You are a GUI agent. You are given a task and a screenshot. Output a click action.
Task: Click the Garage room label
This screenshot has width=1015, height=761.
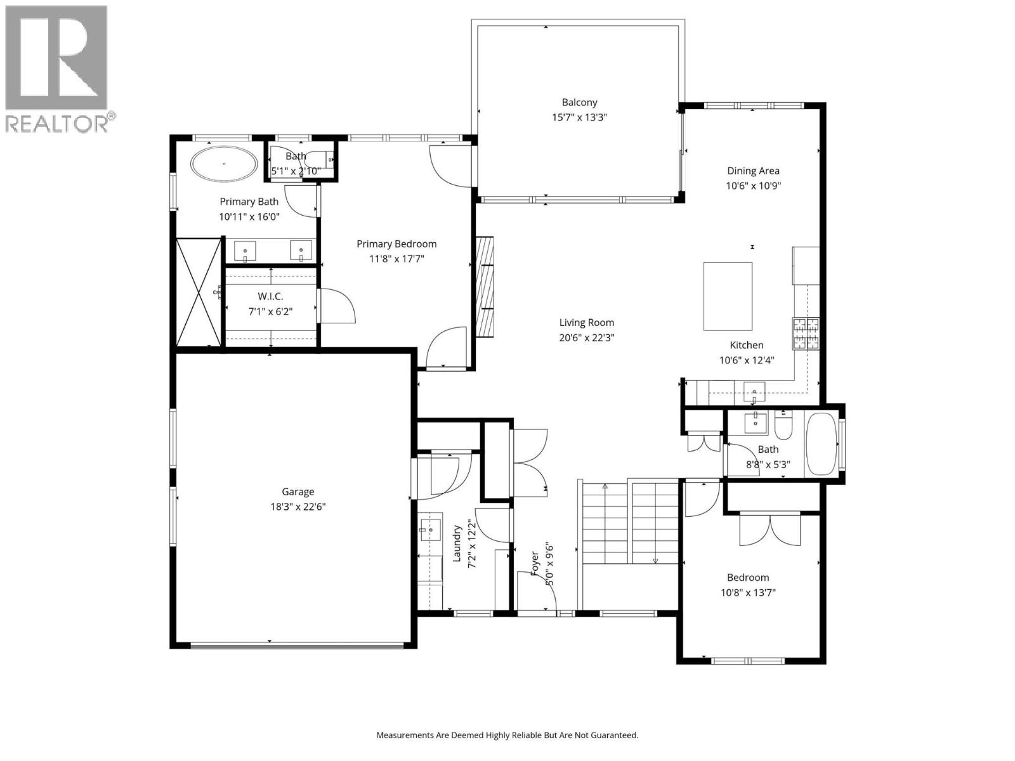click(298, 491)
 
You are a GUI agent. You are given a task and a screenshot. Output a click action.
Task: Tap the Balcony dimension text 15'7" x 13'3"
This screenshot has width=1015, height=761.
click(579, 117)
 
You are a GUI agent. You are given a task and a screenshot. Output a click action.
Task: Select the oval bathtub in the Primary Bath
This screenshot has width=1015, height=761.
click(225, 164)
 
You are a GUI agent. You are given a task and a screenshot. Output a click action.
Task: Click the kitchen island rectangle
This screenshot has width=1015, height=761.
click(728, 296)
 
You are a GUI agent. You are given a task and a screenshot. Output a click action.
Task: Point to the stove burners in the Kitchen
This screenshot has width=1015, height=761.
click(805, 334)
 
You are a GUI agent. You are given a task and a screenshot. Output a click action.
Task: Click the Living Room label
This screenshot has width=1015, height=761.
click(586, 322)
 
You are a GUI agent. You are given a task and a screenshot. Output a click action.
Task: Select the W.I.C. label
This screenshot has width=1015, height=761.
click(270, 296)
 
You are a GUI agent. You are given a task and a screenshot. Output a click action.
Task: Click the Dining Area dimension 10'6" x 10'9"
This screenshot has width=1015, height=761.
click(753, 186)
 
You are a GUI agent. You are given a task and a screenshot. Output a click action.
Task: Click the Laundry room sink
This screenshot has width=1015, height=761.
click(429, 529)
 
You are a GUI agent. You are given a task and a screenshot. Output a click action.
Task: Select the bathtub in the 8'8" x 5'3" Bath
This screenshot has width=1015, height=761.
click(821, 445)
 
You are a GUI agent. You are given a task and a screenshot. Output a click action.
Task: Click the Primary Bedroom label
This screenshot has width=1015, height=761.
click(396, 244)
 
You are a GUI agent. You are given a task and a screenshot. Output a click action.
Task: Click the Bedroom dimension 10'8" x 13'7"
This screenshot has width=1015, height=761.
click(748, 593)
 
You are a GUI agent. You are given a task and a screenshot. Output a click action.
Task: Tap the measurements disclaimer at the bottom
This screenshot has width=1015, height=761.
click(507, 736)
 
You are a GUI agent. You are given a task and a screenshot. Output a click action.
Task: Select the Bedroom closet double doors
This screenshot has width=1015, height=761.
click(769, 530)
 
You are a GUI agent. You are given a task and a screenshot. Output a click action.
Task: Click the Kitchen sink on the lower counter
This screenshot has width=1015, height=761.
click(754, 391)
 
